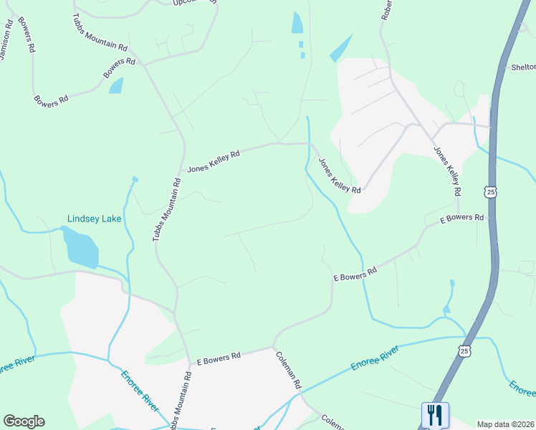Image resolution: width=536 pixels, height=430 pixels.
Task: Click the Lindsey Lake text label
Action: click(95, 219)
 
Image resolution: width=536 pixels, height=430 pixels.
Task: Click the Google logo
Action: click(24, 421)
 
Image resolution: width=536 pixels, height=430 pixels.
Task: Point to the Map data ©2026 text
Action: click(505, 424)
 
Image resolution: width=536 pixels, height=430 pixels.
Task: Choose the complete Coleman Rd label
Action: click(289, 368)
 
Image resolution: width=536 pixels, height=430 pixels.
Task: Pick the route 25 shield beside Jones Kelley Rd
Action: click(490, 192)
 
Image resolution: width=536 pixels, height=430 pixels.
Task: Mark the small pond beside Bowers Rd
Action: click(116, 86)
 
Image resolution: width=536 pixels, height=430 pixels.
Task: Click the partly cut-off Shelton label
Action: click(523, 68)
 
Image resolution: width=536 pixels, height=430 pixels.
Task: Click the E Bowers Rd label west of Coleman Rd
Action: click(219, 355)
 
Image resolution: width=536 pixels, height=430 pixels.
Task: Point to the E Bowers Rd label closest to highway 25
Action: click(461, 217)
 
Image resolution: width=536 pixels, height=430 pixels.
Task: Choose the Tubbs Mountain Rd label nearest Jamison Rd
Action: click(100, 32)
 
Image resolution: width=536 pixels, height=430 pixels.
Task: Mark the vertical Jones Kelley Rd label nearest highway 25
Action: click(446, 171)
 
